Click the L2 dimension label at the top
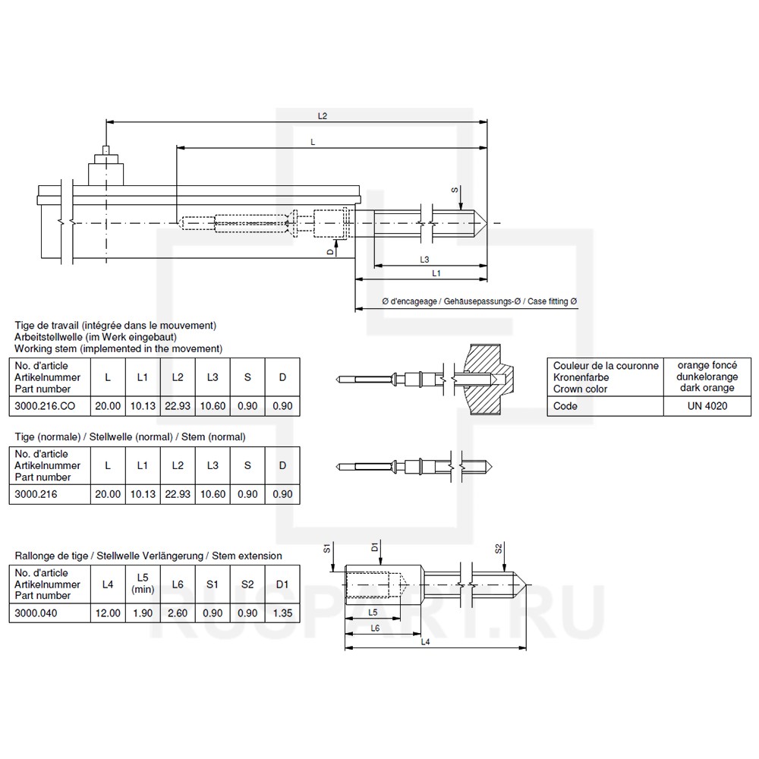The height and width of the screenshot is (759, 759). pyautogui.click(x=322, y=116)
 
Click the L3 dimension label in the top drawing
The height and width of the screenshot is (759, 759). pyautogui.click(x=426, y=260)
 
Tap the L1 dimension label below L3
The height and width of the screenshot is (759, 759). pyautogui.click(x=436, y=273)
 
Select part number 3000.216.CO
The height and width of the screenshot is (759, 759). pyautogui.click(x=46, y=406)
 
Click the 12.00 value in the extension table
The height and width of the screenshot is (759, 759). pyautogui.click(x=107, y=613)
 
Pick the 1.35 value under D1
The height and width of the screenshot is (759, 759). pyautogui.click(x=282, y=613)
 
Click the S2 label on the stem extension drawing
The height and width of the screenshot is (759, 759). pyautogui.click(x=498, y=548)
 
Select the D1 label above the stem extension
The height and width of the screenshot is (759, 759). pyautogui.click(x=375, y=546)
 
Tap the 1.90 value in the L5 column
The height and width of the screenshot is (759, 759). pyautogui.click(x=142, y=613)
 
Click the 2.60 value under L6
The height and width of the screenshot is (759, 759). pyautogui.click(x=177, y=613)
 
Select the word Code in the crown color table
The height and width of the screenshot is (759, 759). pyautogui.click(x=565, y=406)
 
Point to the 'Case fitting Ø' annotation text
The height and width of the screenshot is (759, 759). pyautogui.click(x=553, y=302)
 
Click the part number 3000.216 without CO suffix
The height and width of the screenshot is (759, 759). pyautogui.click(x=37, y=494)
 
